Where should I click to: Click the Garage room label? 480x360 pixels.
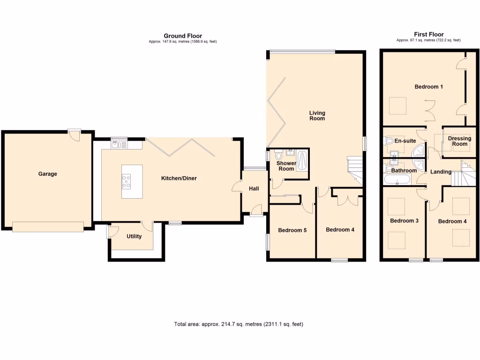pos(47,174)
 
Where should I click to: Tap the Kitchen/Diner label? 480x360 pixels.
pos(179,178)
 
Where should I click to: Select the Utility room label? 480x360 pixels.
pos(134,236)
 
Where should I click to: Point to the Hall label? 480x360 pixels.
pos(254,188)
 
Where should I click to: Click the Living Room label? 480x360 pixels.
pos(317,116)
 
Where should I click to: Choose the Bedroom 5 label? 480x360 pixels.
pos(292,230)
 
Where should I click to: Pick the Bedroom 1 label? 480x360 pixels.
pos(428,87)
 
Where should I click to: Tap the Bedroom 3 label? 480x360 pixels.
pos(404,221)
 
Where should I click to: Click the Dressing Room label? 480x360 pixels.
pos(459,141)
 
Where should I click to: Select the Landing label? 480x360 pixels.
pos(441,172)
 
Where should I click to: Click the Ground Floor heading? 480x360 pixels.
pos(183,36)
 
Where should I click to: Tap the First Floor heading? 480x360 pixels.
pos(428,34)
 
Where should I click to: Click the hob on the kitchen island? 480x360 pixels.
pos(127,180)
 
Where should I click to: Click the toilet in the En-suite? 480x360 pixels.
pos(389,141)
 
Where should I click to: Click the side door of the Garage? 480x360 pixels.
pos(74,135)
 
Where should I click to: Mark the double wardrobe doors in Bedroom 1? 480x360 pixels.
pos(430,109)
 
